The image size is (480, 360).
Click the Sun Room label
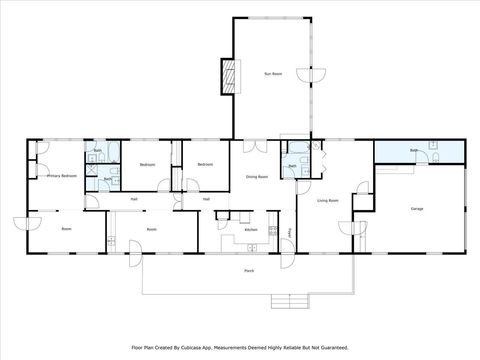pos(272,74)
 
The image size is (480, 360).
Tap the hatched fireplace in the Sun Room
pos(229,75)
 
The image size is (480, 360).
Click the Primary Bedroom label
pos(62,176)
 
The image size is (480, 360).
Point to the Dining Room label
pos(257,177)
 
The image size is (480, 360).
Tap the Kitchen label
pos(251,230)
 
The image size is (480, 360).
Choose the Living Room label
pos(328,201)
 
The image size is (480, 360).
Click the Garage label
pos(417,209)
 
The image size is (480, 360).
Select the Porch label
pos(248,271)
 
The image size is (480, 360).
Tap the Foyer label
pos(290,233)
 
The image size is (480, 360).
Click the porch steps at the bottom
pos(290,302)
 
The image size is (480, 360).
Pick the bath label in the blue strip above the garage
pos(413,150)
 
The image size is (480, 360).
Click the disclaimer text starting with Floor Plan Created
pos(240,348)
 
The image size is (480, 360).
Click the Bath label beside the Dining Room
pos(291,166)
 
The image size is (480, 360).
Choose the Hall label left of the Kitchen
pos(206,199)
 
